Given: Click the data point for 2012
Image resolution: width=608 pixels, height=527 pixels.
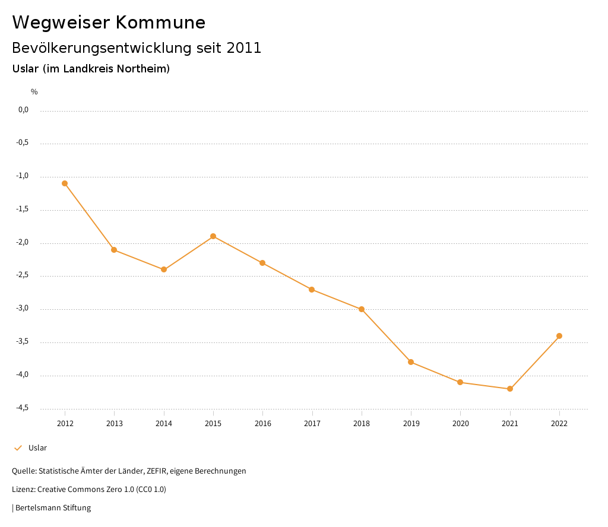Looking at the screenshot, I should pyautogui.click(x=65, y=183).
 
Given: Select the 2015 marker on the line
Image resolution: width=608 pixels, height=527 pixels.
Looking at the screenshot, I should pyautogui.click(x=213, y=236).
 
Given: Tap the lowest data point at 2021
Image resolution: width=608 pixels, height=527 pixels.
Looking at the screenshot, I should pyautogui.click(x=510, y=389).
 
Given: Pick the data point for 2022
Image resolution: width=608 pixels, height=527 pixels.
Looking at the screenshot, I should pyautogui.click(x=559, y=336).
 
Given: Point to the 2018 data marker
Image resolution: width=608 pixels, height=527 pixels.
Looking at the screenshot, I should pyautogui.click(x=362, y=309).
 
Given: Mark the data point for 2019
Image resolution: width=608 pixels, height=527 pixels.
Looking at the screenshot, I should pyautogui.click(x=411, y=362).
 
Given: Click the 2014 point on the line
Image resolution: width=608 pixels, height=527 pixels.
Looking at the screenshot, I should pyautogui.click(x=164, y=269).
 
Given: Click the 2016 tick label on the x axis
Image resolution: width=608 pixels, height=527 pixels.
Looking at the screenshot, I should pyautogui.click(x=262, y=423).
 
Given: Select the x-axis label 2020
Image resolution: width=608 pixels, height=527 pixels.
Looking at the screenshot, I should pyautogui.click(x=460, y=423).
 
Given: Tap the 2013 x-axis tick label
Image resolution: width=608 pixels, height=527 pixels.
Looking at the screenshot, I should pyautogui.click(x=114, y=423).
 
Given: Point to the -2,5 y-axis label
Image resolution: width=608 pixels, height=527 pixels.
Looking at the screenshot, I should pyautogui.click(x=22, y=275).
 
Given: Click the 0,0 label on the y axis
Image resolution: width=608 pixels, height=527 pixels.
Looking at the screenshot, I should pyautogui.click(x=23, y=110).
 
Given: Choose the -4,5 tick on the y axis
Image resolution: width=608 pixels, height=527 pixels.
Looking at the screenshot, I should pyautogui.click(x=22, y=408).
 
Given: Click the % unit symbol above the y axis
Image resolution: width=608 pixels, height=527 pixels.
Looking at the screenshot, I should pyautogui.click(x=34, y=91).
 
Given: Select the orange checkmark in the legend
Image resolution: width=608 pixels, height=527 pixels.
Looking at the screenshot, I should pyautogui.click(x=18, y=447).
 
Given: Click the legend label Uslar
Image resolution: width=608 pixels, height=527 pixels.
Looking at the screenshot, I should pyautogui.click(x=37, y=447).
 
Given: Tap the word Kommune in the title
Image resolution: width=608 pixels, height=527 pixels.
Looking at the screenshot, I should pyautogui.click(x=160, y=23).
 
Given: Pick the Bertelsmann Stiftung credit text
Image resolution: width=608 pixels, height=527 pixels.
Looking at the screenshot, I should pyautogui.click(x=53, y=507).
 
